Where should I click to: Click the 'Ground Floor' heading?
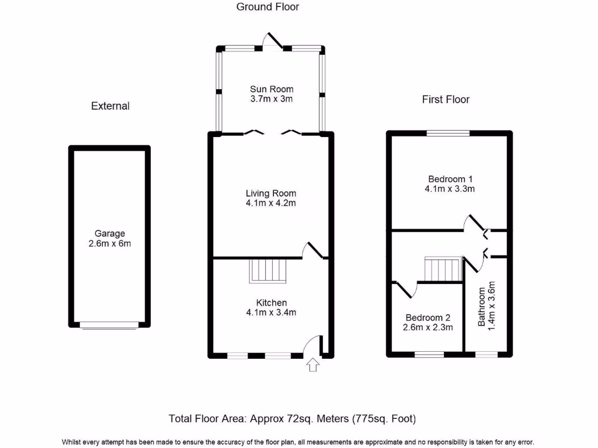267,7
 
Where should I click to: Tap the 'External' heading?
110,106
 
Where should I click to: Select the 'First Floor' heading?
446,100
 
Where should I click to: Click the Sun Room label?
272,89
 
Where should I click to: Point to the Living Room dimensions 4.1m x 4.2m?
271,204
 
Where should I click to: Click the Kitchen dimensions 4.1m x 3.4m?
271,313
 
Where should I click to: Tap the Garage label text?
110,233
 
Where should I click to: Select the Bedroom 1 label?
450,179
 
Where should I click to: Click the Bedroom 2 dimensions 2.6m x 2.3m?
428,328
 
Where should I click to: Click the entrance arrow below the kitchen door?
313,365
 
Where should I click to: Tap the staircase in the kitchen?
269,271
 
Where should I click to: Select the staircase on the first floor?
443,269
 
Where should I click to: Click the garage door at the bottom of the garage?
110,325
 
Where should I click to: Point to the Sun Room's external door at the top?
273,41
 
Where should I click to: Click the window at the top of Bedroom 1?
448,134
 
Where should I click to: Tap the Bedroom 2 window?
429,354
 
